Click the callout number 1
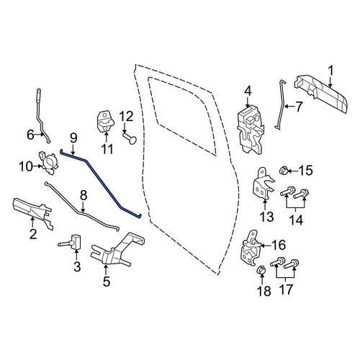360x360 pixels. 331,71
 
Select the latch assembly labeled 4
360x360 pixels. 251,129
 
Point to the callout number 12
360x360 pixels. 126,117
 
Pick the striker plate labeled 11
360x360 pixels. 106,122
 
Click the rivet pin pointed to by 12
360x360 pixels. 130,138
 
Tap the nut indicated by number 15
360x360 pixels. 284,171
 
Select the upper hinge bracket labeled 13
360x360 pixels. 263,184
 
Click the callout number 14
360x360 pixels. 296,220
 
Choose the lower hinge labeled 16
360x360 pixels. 251,248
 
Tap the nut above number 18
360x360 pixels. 261,271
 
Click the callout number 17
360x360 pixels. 287,289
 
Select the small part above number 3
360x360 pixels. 71,243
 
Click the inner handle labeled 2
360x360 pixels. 32,210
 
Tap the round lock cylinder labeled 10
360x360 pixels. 49,162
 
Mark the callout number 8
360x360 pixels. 83,196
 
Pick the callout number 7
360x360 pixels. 298,107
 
